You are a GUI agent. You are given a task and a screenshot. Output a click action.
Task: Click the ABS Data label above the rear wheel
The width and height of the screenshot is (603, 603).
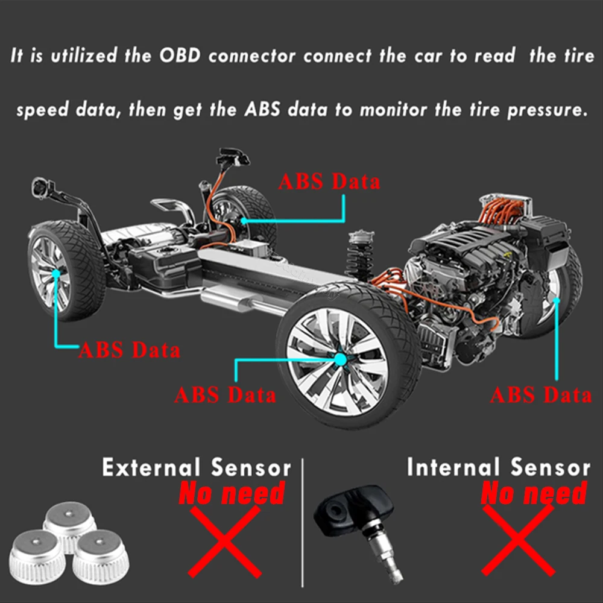click(329, 181)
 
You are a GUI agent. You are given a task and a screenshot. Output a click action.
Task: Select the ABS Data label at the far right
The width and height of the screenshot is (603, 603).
click(540, 395)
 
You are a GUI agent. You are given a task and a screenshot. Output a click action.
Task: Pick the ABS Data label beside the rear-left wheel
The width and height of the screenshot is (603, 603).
click(129, 350)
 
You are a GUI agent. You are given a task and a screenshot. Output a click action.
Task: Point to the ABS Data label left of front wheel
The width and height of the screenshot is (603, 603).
click(225, 395)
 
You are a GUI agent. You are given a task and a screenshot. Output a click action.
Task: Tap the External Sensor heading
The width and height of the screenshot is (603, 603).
click(196, 467)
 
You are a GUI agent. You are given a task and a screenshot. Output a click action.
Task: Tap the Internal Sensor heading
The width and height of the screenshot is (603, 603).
click(498, 467)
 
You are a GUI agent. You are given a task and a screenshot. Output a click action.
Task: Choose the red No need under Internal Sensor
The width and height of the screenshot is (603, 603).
click(533, 494)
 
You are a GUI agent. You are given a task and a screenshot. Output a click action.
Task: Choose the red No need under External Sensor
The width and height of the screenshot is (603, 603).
click(232, 494)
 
